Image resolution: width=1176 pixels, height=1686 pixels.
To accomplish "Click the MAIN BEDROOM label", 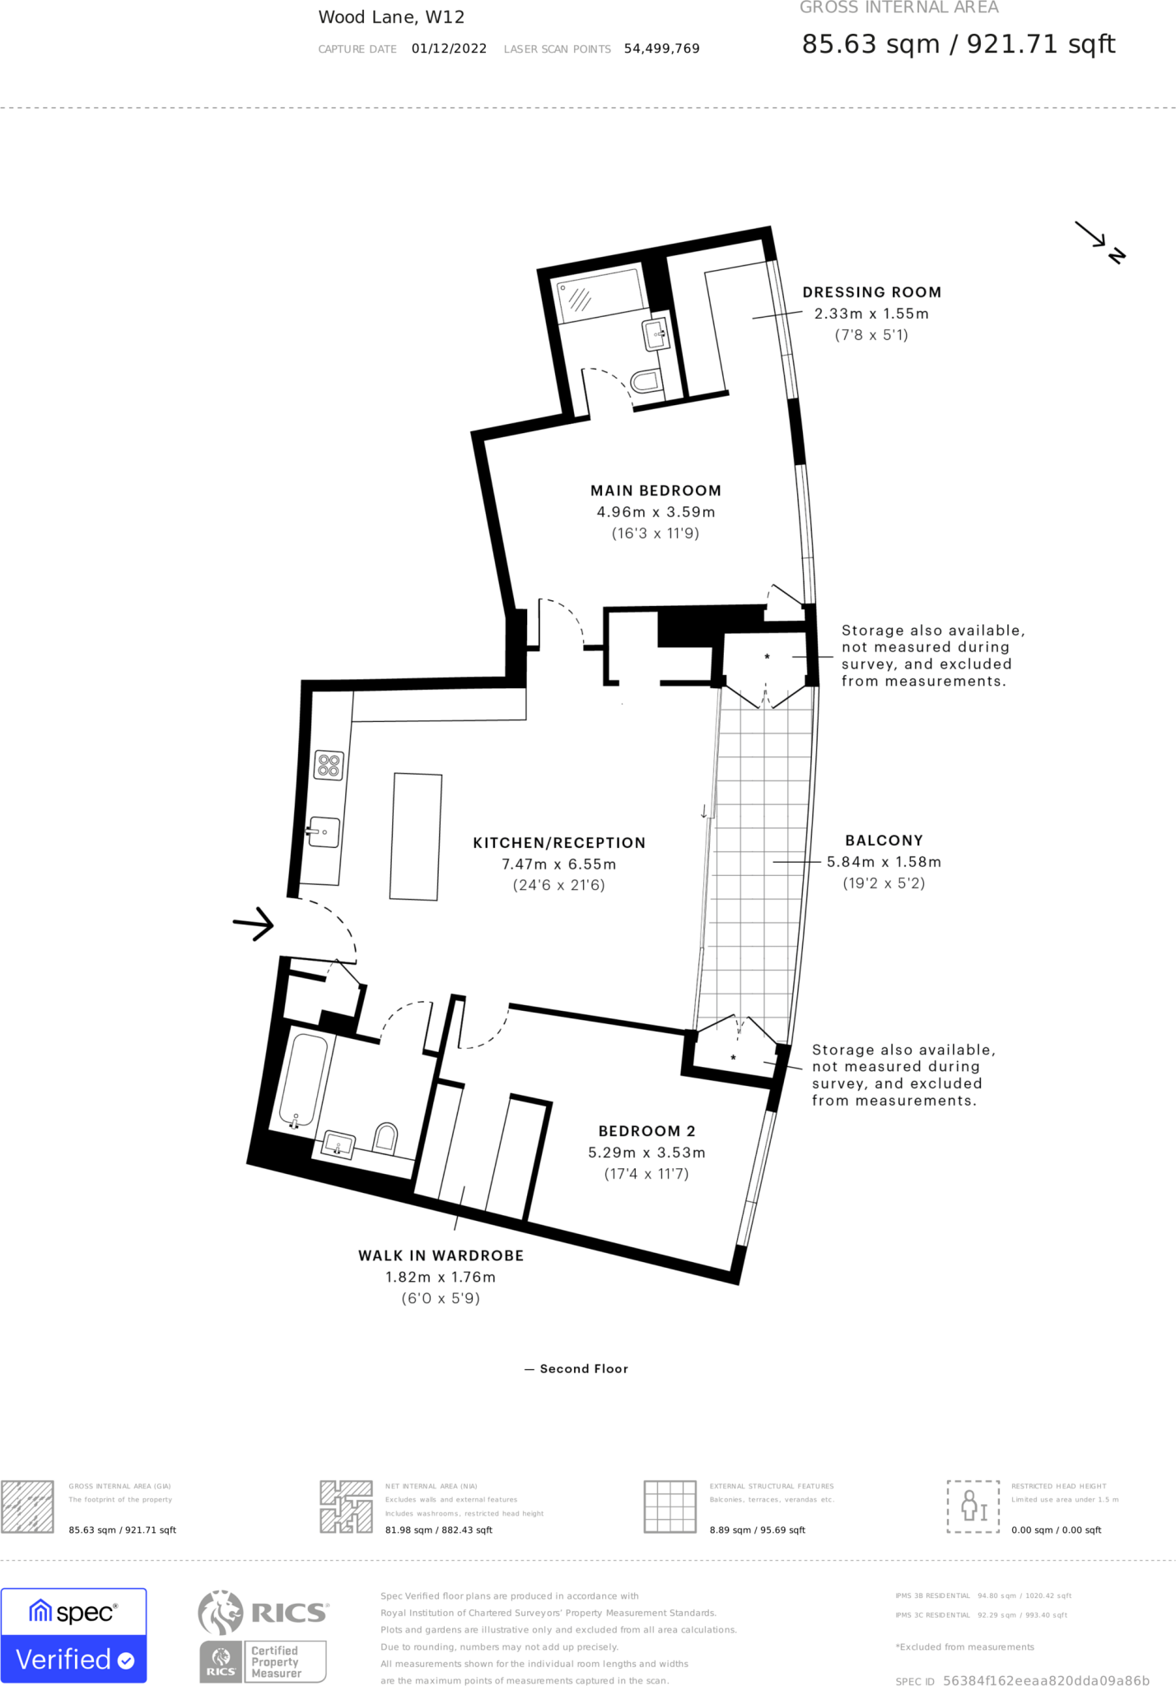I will click(656, 491).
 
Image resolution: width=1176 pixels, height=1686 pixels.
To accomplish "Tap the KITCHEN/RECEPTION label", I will click(559, 843).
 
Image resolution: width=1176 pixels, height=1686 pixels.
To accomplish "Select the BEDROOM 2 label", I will click(646, 1131).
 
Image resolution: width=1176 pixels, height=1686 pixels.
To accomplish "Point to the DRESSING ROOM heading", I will click(871, 292).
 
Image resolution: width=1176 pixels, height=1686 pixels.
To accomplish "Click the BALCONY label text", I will click(884, 841).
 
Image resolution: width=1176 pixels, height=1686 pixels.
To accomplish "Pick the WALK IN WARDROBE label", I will click(441, 1255).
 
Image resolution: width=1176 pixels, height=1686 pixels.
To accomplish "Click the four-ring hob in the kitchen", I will click(329, 766).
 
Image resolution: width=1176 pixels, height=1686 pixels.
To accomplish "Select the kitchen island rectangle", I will click(416, 836).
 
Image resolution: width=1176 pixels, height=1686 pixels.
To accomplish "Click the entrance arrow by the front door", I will click(254, 924).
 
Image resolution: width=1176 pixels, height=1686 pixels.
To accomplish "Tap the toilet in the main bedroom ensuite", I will click(647, 380).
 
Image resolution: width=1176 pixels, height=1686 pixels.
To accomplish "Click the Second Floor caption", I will click(583, 1369).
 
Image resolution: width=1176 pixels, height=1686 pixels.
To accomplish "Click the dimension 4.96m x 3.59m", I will click(656, 512).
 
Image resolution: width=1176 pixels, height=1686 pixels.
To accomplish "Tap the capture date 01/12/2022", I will click(449, 49).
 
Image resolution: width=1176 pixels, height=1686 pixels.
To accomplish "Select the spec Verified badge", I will click(73, 1635).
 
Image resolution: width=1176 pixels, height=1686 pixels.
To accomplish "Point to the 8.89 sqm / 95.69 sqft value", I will click(757, 1530).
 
